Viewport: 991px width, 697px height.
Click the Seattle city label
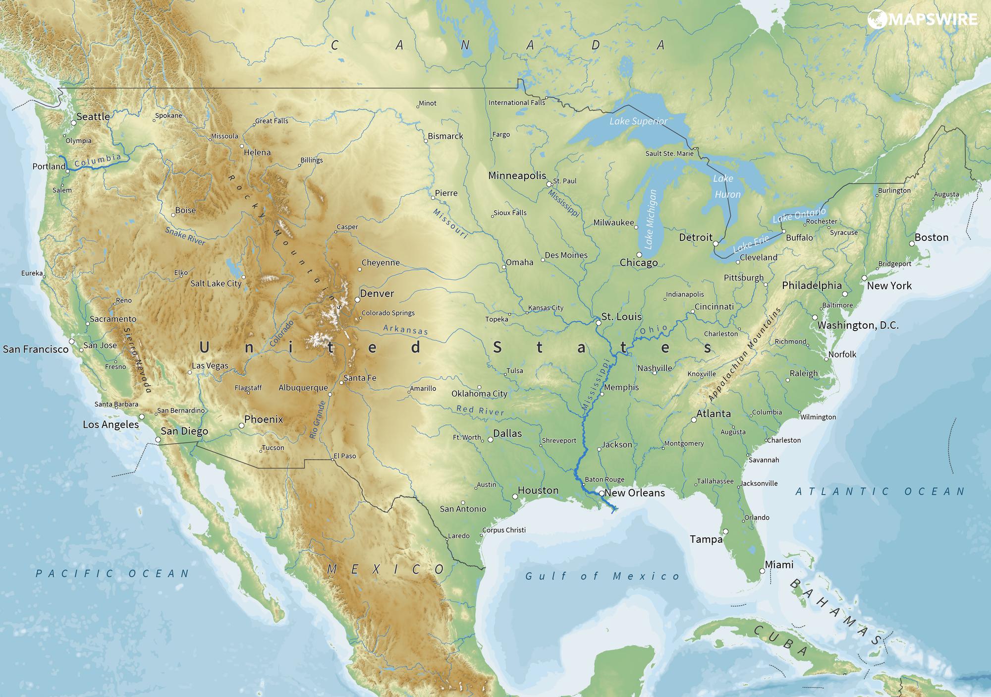(93, 116)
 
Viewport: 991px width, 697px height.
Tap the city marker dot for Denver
(357, 299)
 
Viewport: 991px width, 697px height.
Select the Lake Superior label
(638, 121)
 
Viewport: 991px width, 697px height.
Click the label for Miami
(779, 565)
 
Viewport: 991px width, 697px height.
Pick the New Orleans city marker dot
(602, 494)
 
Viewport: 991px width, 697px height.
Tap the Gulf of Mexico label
(603, 576)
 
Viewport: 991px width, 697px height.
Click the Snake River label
(185, 236)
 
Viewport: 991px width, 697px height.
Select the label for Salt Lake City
(216, 284)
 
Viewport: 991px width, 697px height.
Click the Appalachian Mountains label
(744, 354)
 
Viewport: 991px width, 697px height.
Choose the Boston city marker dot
(912, 243)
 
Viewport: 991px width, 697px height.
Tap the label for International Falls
(516, 103)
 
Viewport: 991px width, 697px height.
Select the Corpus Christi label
(504, 530)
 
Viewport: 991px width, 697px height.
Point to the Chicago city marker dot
(639, 254)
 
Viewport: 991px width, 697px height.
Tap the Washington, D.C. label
(858, 325)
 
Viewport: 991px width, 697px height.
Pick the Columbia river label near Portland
(98, 160)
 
